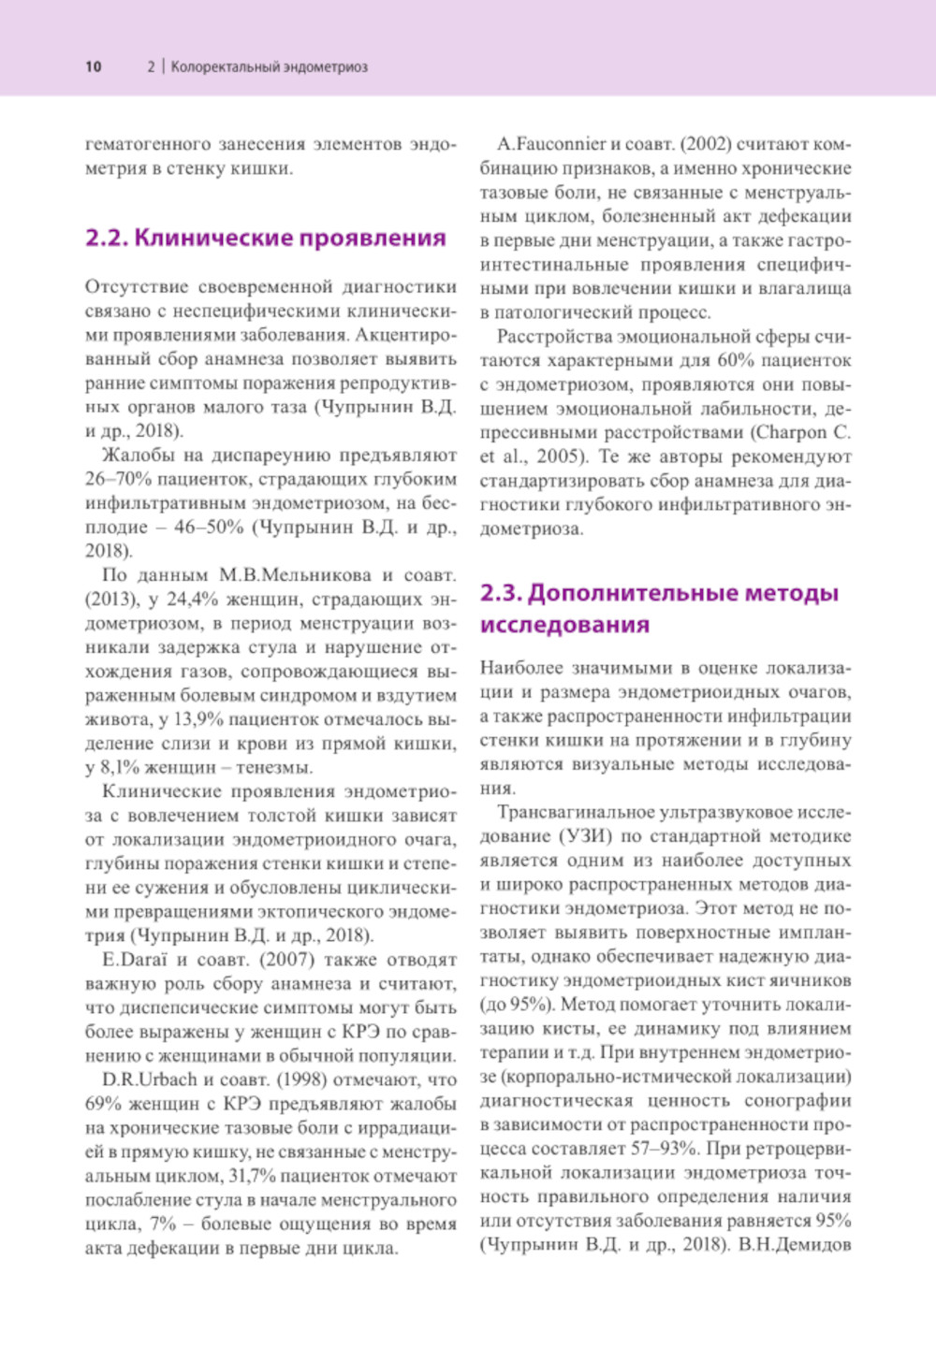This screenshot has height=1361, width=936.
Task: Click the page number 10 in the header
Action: tap(93, 66)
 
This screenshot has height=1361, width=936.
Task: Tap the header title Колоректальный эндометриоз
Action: tap(269, 67)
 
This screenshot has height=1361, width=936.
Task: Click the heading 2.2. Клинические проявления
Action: tap(265, 238)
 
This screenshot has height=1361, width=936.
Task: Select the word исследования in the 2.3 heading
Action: tap(564, 625)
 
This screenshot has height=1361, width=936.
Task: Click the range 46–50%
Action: tap(209, 528)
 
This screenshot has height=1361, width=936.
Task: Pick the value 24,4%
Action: tap(190, 600)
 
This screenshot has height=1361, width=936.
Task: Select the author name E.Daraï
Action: tap(135, 960)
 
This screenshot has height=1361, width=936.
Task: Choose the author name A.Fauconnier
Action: tap(551, 144)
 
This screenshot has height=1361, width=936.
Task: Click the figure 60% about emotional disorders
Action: tap(737, 360)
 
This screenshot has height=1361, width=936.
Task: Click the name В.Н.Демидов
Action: tap(795, 1244)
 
